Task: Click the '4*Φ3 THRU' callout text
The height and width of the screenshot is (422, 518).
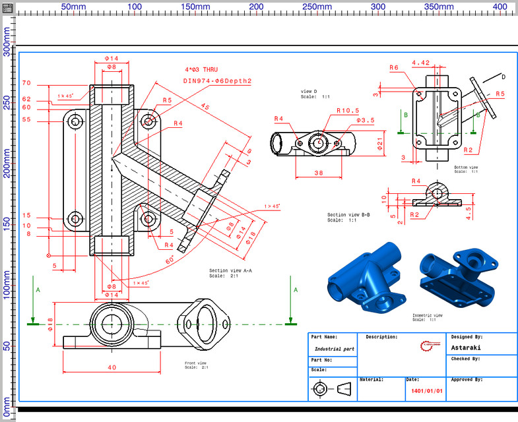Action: pyautogui.click(x=201, y=69)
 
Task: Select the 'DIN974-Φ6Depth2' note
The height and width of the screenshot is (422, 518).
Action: pyautogui.click(x=217, y=80)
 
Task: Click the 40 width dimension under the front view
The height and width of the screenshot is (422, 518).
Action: pyautogui.click(x=112, y=367)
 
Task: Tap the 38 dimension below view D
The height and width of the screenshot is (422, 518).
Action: pyautogui.click(x=319, y=173)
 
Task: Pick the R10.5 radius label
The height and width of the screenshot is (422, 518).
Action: pyautogui.click(x=347, y=111)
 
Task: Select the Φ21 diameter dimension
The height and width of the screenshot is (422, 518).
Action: pyautogui.click(x=379, y=143)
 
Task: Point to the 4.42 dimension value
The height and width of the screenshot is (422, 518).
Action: pyautogui.click(x=420, y=63)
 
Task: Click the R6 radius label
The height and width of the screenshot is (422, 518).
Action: pyautogui.click(x=394, y=67)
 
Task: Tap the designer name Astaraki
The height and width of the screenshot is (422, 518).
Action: pyautogui.click(x=466, y=347)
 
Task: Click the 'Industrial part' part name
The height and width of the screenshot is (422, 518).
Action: pyautogui.click(x=335, y=348)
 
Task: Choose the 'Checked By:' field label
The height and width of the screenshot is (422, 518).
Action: pyautogui.click(x=466, y=359)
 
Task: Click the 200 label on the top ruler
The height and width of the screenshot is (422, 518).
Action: pyautogui.click(x=256, y=6)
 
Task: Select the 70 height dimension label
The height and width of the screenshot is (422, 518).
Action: pyautogui.click(x=26, y=83)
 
